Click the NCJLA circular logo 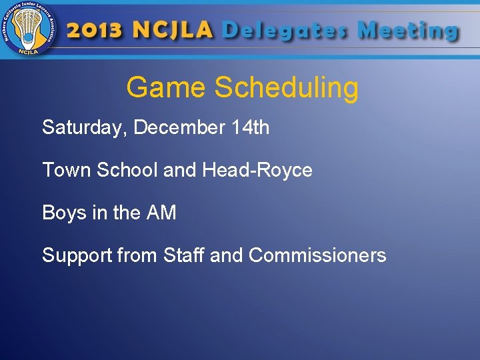tap(29, 29)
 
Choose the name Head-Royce tap(257, 170)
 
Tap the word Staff tap(184, 255)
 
